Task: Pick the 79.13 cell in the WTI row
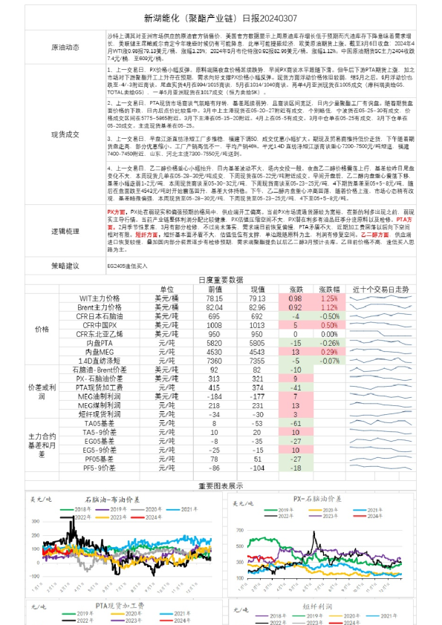point(257,298)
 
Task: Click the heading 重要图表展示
point(221,485)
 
